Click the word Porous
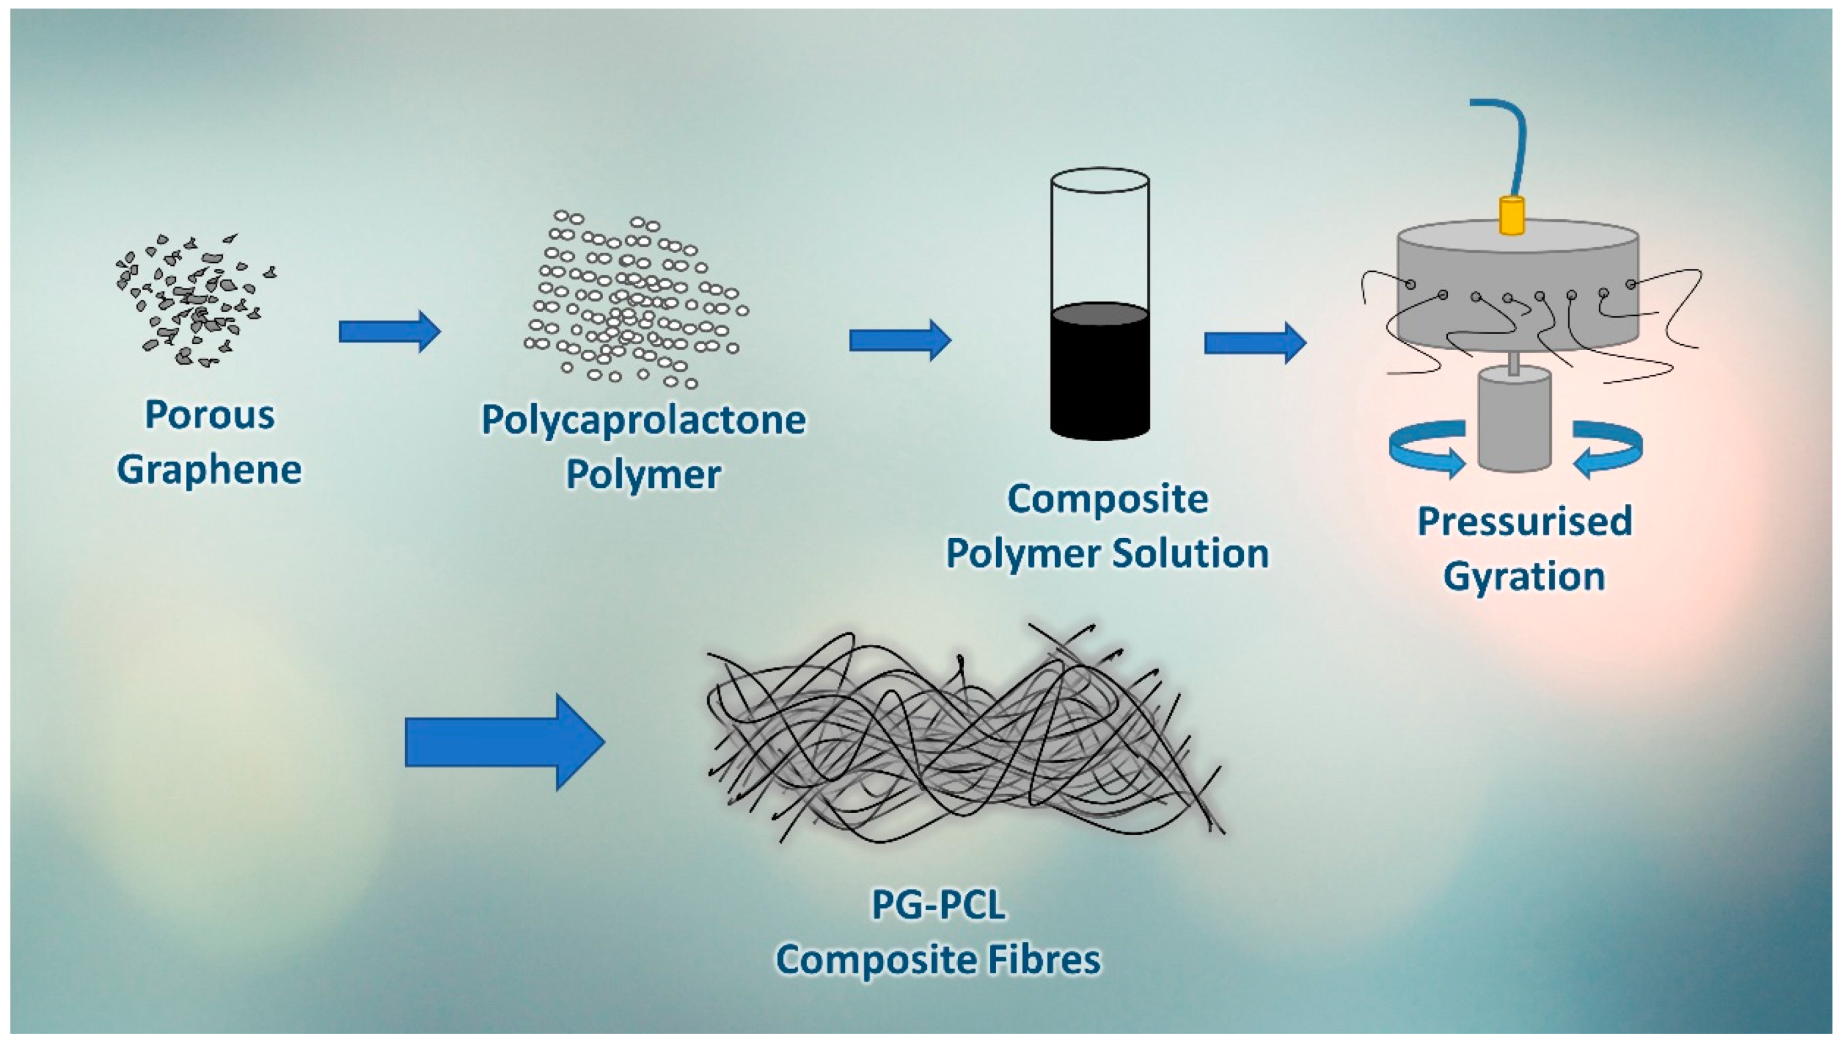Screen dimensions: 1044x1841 209,416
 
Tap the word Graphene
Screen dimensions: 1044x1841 209,471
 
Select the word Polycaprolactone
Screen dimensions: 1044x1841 643,421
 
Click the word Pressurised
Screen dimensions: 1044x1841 1524,521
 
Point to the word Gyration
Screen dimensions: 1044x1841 1524,576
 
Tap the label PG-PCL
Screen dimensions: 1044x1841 938,905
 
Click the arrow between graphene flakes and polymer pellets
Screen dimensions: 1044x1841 389,331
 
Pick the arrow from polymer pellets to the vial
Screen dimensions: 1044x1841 899,340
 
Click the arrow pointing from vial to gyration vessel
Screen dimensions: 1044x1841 1255,343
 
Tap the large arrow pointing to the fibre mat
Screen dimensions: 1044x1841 504,742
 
